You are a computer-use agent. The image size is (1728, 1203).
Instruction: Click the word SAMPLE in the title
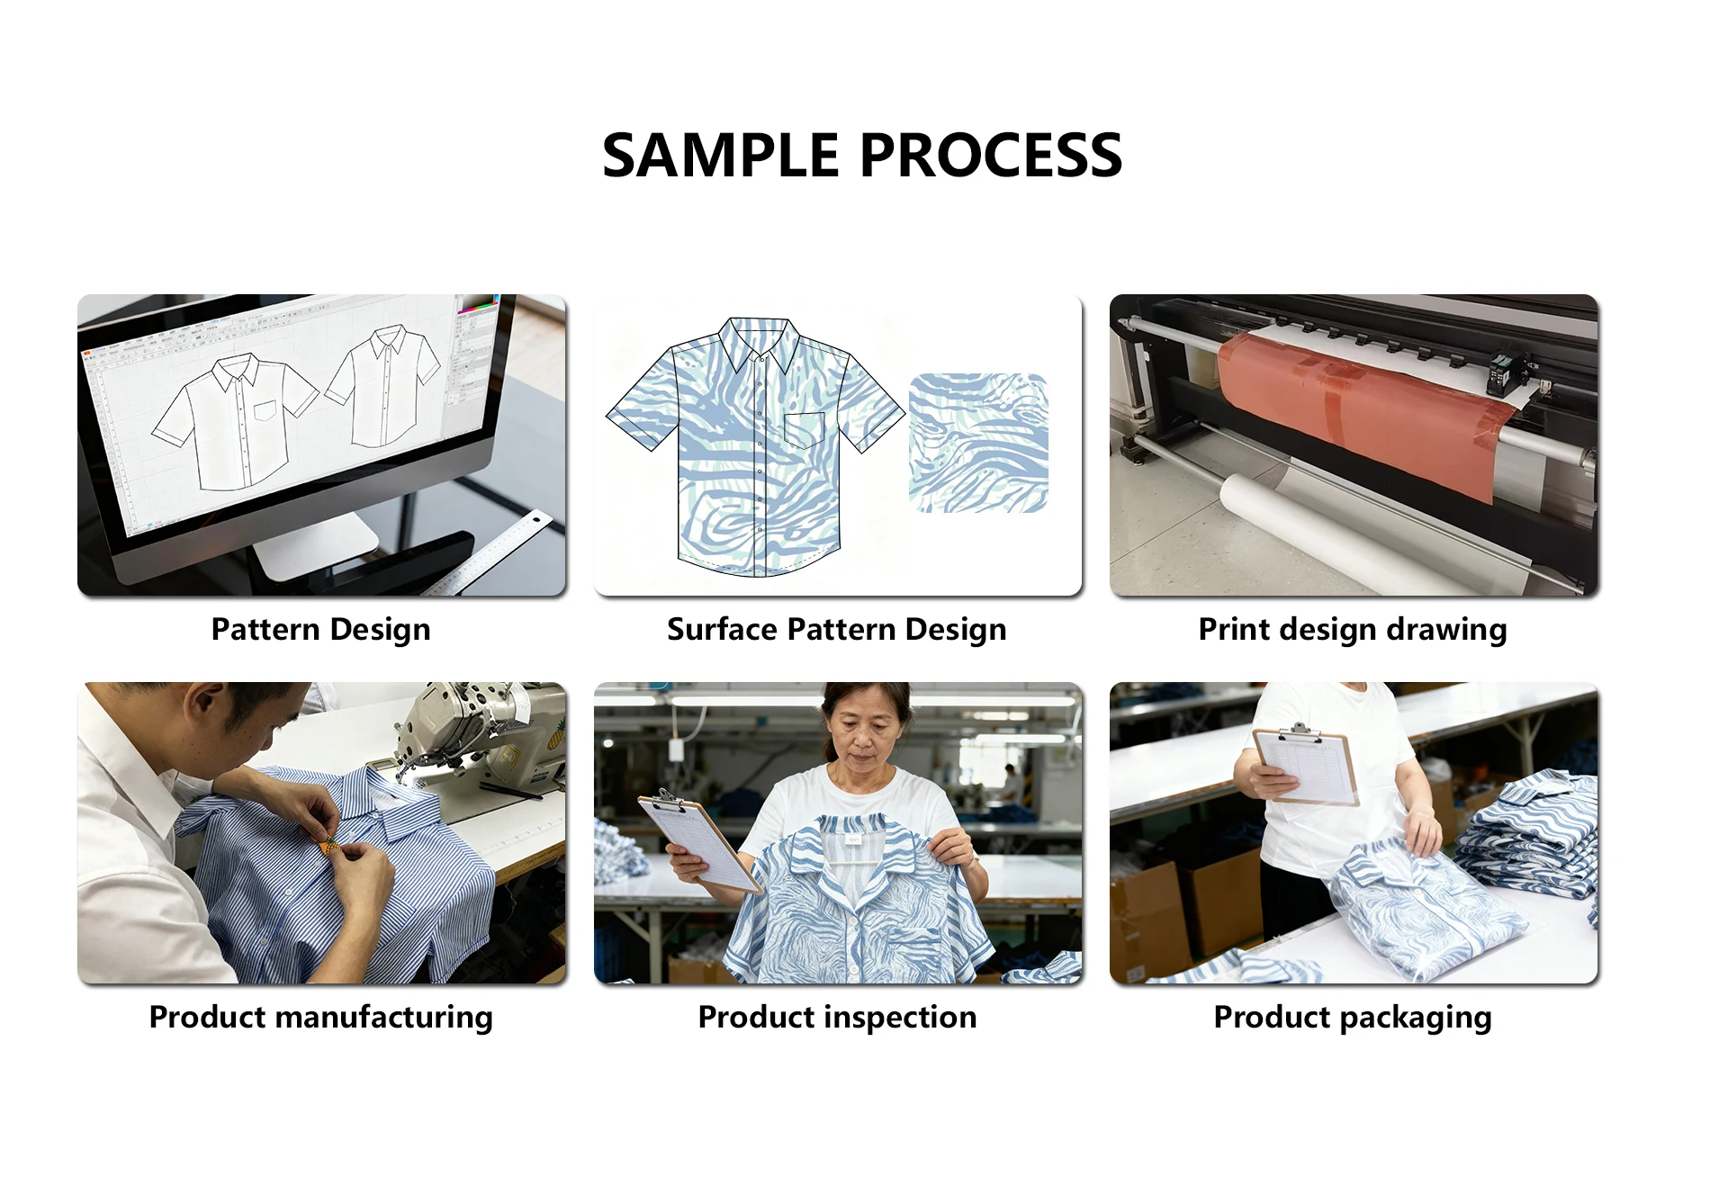tap(720, 156)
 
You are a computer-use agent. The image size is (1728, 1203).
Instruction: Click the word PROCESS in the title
tap(991, 156)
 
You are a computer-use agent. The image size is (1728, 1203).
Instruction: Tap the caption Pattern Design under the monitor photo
tap(321, 630)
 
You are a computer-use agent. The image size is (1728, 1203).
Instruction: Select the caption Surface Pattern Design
tap(837, 630)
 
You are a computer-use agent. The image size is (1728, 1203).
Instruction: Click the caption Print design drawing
tap(1353, 630)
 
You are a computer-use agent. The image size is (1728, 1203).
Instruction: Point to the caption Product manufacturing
tap(321, 1018)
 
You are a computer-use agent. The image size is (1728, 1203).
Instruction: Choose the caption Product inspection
tap(837, 1018)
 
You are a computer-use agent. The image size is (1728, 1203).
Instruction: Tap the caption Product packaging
tap(1353, 1018)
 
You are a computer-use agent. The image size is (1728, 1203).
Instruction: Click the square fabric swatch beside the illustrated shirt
tap(978, 443)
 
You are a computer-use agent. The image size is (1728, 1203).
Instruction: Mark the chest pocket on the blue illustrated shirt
tap(805, 430)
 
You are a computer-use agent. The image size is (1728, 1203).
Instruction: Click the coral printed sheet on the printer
tap(1363, 409)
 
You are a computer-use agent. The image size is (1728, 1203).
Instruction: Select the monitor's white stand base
tap(315, 544)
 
